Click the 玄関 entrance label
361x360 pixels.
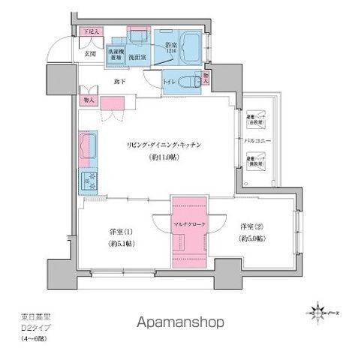89,53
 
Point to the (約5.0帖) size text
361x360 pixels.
251,239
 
